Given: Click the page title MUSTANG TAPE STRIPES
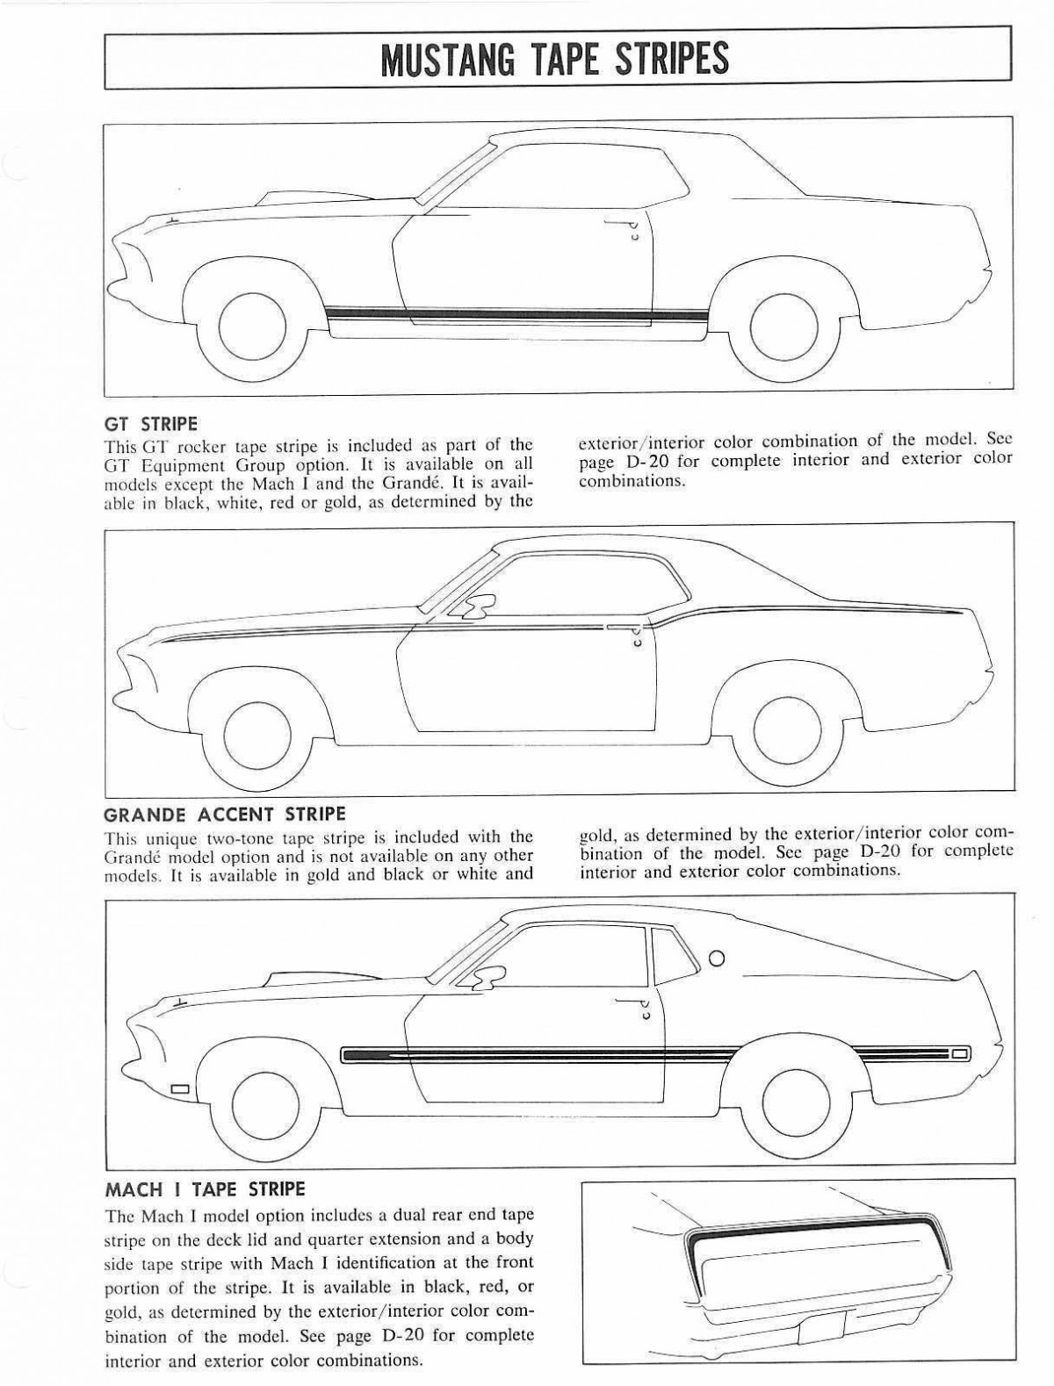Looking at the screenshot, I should coord(554,58).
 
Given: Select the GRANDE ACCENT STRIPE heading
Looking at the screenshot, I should coord(225,814).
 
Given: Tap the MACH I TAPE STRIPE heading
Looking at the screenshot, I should coord(205,1189).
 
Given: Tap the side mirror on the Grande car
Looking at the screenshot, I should coord(480,604).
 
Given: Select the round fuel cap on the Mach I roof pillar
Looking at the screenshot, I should coord(717,958).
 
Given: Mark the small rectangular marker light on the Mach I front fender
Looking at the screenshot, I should coord(180,1089).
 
